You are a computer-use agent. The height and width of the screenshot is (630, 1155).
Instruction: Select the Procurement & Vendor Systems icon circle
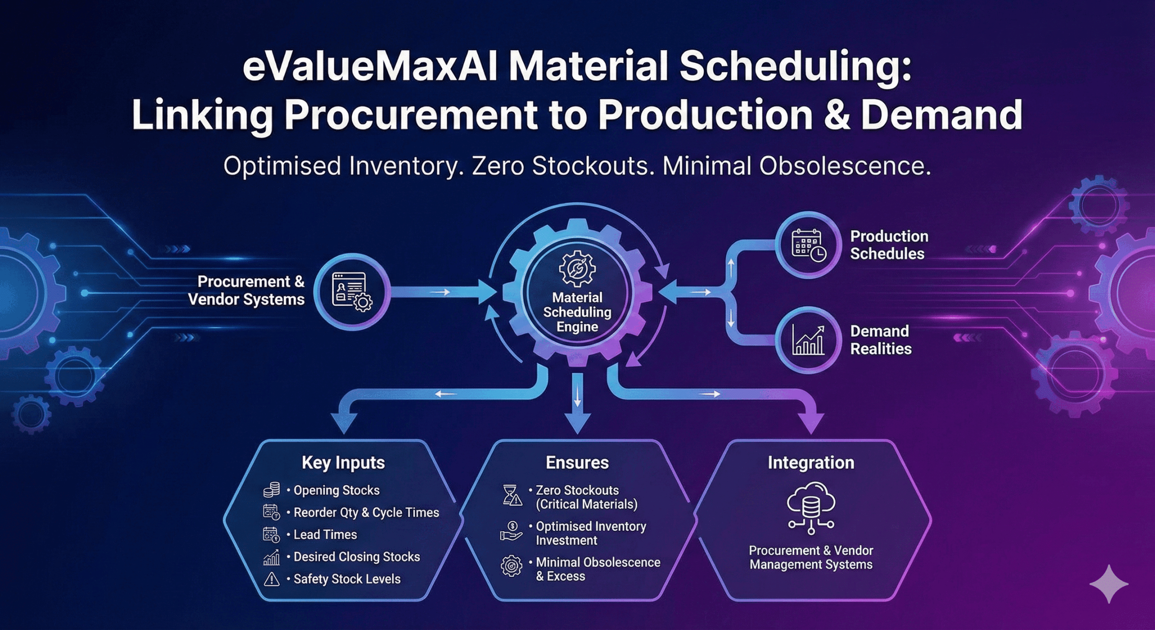pos(351,292)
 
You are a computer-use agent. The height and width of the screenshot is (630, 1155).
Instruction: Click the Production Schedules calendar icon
pos(808,245)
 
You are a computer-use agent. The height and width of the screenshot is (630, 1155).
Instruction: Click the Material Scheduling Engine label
pos(577,312)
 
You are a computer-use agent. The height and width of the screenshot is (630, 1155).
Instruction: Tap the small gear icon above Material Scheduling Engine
pos(577,269)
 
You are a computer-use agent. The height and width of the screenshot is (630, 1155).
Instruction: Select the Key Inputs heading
pos(343,463)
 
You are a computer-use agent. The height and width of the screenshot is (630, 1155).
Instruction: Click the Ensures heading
pos(577,463)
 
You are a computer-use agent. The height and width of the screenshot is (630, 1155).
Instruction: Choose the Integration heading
pos(811,463)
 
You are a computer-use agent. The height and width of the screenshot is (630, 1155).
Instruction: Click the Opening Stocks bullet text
pos(336,491)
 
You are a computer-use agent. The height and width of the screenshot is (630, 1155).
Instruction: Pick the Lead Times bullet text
pos(325,535)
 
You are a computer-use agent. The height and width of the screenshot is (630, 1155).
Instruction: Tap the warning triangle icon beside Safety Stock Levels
pos(271,579)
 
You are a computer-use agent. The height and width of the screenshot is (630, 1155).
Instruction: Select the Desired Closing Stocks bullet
pos(356,557)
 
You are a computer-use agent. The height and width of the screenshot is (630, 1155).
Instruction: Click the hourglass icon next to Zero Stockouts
pos(512,495)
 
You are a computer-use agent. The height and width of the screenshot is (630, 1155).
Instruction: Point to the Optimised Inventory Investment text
pos(591,533)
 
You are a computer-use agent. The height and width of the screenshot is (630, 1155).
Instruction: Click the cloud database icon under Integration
pos(811,508)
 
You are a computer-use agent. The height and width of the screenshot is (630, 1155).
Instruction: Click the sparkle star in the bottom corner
pos(1109,584)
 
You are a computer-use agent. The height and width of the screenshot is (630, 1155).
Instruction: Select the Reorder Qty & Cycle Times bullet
pos(366,513)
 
